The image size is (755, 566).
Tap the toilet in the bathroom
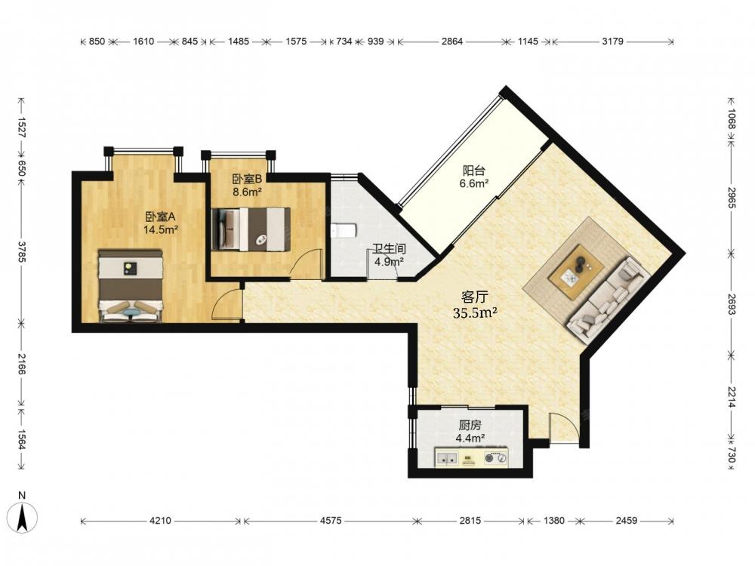point(344,231)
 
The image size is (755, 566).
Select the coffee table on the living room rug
point(578,266)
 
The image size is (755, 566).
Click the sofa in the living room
point(609,300)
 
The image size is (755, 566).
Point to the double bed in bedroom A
point(131,285)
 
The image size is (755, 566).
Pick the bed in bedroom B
point(251,229)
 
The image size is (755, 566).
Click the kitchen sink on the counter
point(447,459)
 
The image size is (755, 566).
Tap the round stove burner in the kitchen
point(491,458)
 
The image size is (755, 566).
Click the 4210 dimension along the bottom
point(160,520)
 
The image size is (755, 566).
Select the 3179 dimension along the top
point(612,42)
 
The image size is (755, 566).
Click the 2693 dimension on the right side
point(732,305)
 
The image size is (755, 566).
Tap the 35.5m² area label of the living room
point(475,313)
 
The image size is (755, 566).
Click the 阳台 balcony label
point(474,171)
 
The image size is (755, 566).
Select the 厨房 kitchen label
point(470,426)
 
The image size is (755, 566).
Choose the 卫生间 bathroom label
point(389,249)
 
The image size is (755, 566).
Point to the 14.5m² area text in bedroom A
point(161,229)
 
